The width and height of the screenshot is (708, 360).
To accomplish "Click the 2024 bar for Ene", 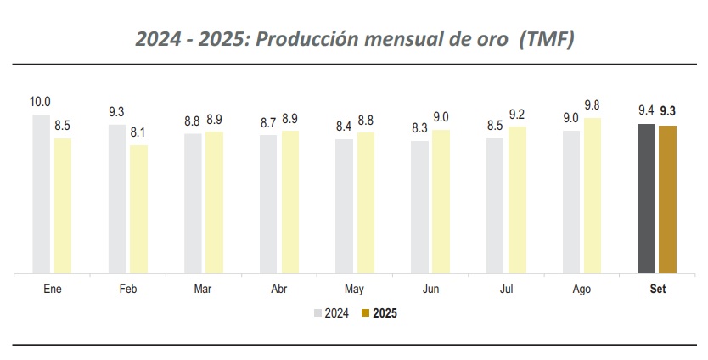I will (x=41, y=194).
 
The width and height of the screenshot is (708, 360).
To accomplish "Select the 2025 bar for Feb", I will (x=138, y=209).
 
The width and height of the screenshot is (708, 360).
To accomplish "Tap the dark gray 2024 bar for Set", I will (x=645, y=199).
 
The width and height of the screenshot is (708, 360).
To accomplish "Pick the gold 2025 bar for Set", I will (x=667, y=200).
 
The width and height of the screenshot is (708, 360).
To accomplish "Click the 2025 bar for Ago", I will (x=592, y=195).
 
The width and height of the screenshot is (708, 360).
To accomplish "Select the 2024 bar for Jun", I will (x=419, y=207).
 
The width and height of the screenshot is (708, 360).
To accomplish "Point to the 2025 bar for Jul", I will (x=517, y=200).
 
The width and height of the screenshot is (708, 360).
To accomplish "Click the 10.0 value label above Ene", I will (x=40, y=102).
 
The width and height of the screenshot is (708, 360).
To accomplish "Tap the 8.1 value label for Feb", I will (x=138, y=132).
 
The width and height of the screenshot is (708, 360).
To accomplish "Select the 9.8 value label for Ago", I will (x=593, y=105).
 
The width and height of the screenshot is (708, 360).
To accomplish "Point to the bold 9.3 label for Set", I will (x=668, y=110).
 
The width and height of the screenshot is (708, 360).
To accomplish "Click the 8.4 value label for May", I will (x=344, y=127).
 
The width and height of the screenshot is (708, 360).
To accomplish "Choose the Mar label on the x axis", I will (x=203, y=289).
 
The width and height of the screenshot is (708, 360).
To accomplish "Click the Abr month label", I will (x=278, y=289).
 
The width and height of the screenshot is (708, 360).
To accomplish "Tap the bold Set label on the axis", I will (x=657, y=289).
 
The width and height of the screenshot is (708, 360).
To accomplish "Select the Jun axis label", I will (x=430, y=289).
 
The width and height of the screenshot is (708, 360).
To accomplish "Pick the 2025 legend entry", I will (x=379, y=313).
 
